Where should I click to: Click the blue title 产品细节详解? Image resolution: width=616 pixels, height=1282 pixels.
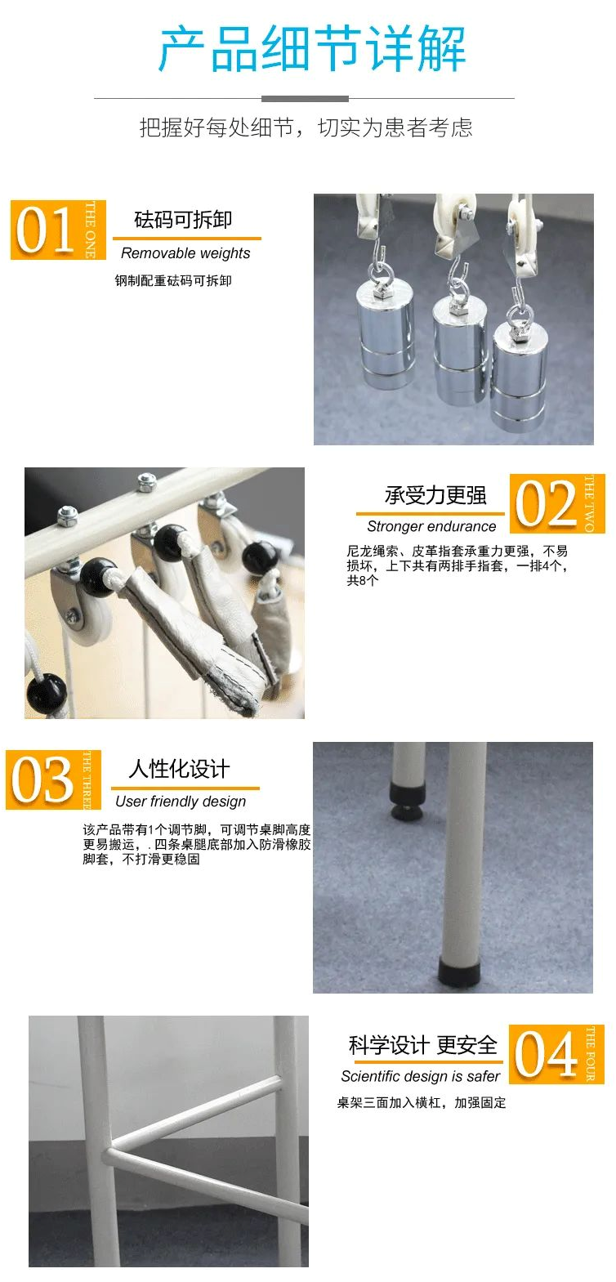pyautogui.click(x=312, y=49)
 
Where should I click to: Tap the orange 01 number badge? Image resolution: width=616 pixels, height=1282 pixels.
pyautogui.click(x=58, y=230)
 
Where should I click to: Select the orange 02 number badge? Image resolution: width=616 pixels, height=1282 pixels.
pyautogui.click(x=557, y=503)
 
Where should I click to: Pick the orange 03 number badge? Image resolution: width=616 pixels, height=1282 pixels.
pyautogui.click(x=53, y=779)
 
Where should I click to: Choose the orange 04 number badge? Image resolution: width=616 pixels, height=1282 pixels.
pyautogui.click(x=556, y=1054)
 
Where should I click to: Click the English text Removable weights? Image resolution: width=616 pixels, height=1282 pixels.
pyautogui.click(x=185, y=253)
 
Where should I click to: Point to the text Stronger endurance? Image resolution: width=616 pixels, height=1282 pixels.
pyautogui.click(x=431, y=526)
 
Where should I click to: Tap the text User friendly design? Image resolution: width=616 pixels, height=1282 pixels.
pyautogui.click(x=181, y=802)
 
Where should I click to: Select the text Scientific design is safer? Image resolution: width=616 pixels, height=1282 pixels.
pyautogui.click(x=421, y=1076)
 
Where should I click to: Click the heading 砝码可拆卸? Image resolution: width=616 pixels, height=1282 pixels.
pyautogui.click(x=183, y=220)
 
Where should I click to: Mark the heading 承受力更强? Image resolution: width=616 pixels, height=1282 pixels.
pyautogui.click(x=435, y=495)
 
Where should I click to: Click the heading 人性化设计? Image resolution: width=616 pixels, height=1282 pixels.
pyautogui.click(x=179, y=769)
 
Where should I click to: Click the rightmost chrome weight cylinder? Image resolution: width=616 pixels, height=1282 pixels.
pyautogui.click(x=520, y=375)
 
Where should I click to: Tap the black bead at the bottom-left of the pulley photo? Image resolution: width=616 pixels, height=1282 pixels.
pyautogui.click(x=47, y=693)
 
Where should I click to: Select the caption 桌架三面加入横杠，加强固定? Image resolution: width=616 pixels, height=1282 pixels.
pyautogui.click(x=422, y=1102)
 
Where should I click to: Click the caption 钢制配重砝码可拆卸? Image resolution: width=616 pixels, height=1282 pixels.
pyautogui.click(x=173, y=280)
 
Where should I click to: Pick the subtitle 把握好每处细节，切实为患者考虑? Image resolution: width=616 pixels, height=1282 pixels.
pyautogui.click(x=306, y=127)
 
